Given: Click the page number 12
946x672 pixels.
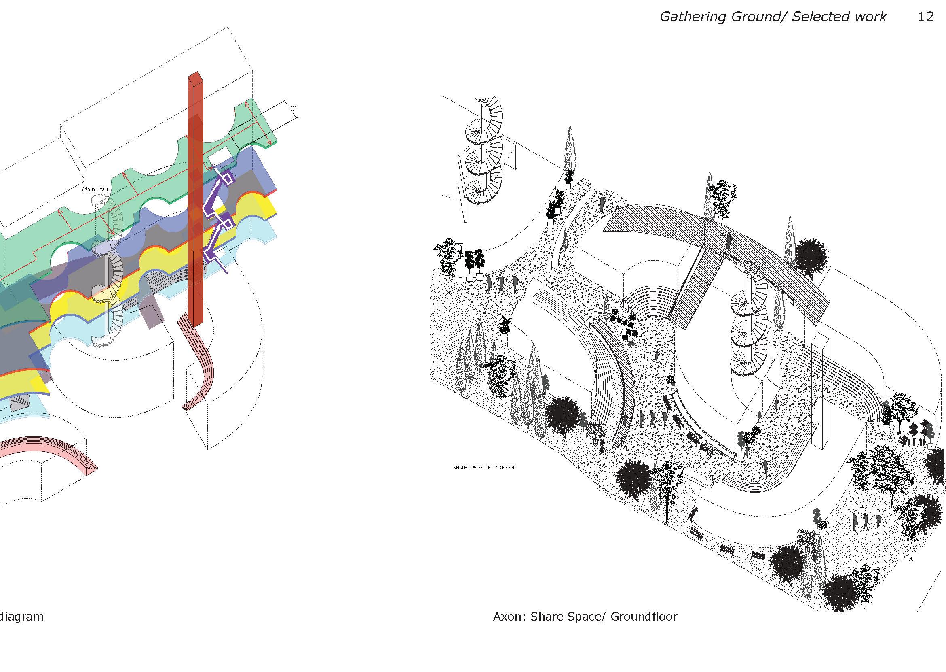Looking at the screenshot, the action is [x=925, y=17].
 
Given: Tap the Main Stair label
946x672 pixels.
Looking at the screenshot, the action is [x=95, y=189].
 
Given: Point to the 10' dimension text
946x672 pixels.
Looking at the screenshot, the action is [x=291, y=109].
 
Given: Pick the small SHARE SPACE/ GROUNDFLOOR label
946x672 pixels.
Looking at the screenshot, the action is [x=484, y=468].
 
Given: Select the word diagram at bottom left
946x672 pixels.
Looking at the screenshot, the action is [x=21, y=628].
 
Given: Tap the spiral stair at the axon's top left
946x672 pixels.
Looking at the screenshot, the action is [x=484, y=157].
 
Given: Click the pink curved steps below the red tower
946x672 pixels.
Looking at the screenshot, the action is [x=198, y=364].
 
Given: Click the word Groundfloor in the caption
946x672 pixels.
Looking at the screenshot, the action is [x=644, y=628].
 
